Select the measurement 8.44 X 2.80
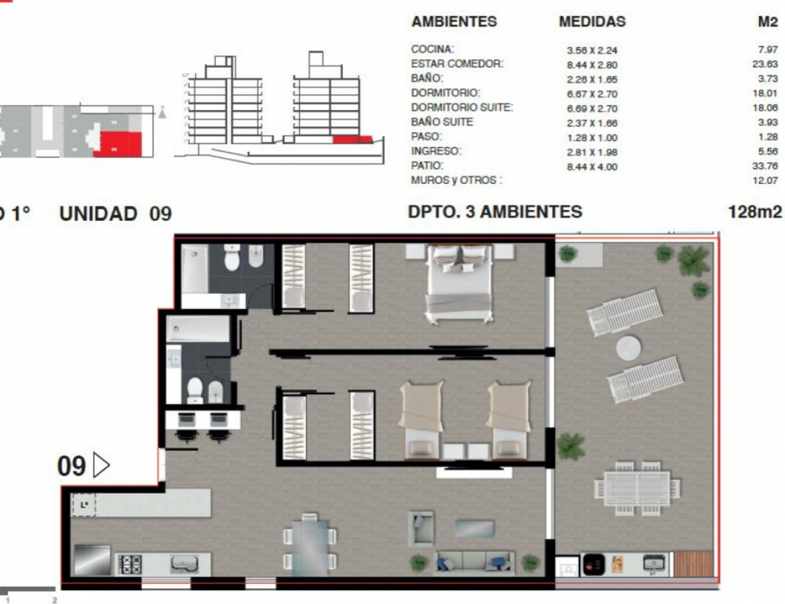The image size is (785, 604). coord(592,65)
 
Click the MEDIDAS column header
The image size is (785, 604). coord(592,22)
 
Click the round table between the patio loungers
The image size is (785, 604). coord(629,347)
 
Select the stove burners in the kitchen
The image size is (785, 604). coord(131,563)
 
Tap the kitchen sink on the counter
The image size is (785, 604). coord(184,563)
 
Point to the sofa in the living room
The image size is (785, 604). coord(474,561)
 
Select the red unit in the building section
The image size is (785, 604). coord(352,139)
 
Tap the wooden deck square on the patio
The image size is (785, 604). coord(693,563)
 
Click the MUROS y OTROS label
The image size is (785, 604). coord(456,181)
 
